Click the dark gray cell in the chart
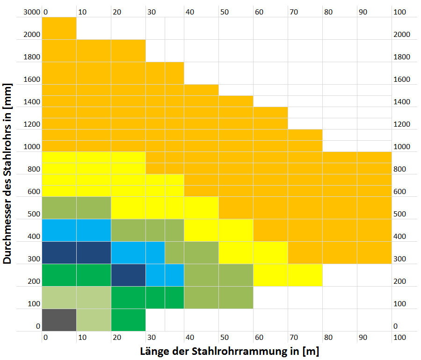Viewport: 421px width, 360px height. tap(59, 320)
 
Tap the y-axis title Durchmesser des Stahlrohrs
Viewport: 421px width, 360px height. tap(8, 174)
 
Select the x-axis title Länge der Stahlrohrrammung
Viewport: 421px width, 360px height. tap(229, 351)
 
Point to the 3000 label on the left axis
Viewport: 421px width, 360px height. tap(31, 12)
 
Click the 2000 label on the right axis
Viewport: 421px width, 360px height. tap(401, 35)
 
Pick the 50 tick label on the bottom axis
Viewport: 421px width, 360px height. tap(225, 337)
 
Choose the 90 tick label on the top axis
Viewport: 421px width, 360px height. tap(363, 12)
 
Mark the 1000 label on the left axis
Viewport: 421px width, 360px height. tap(31, 147)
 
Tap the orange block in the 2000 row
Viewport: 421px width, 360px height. tap(59, 28)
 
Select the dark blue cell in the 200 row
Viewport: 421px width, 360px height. tap(128, 275)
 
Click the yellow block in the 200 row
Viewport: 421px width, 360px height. tap(288, 275)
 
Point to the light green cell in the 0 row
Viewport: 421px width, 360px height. tap(94, 320)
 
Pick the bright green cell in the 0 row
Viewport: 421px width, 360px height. tap(128, 320)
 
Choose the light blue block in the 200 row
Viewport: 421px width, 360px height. tap(165, 275)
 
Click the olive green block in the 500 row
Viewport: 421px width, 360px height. tap(76, 208)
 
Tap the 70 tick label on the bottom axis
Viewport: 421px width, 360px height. tap(294, 337)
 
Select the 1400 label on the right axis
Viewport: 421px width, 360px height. tap(401, 102)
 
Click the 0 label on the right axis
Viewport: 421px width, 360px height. tap(396, 326)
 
